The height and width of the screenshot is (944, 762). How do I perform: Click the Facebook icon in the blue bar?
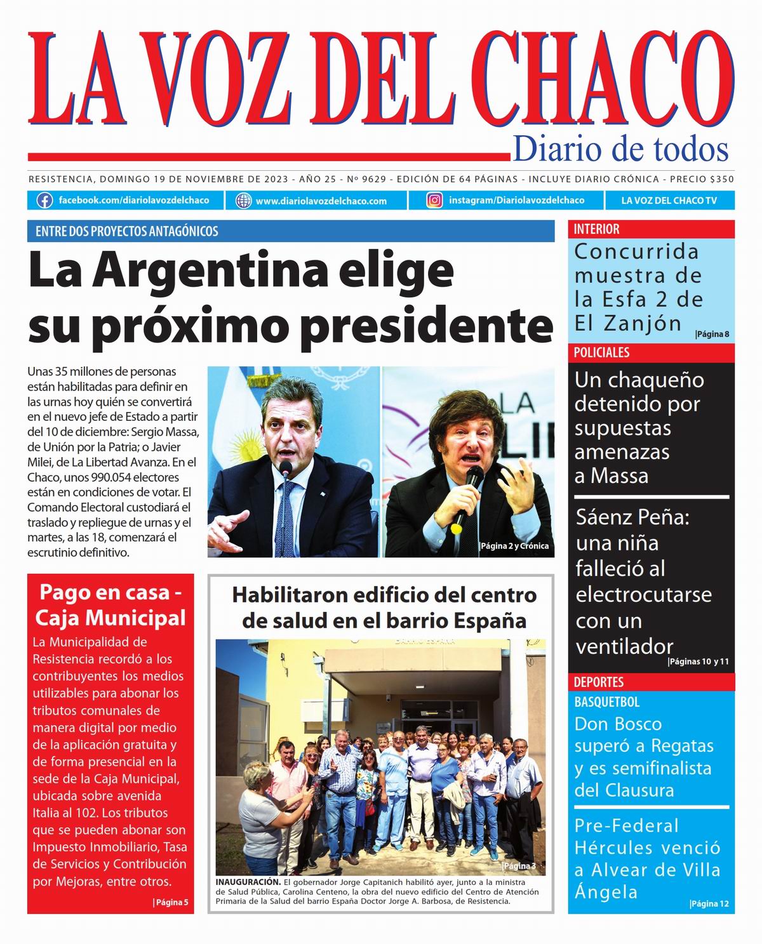pyautogui.click(x=44, y=201)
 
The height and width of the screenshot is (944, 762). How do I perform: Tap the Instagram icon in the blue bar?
pyautogui.click(x=434, y=201)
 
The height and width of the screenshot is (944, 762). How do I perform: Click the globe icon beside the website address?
pyautogui.click(x=243, y=201)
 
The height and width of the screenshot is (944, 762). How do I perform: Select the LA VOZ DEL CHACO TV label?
pyautogui.click(x=669, y=201)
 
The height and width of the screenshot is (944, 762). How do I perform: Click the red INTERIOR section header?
pyautogui.click(x=597, y=229)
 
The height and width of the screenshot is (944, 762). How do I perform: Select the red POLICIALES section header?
pyautogui.click(x=601, y=353)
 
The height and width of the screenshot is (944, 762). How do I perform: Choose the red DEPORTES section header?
pyautogui.click(x=599, y=682)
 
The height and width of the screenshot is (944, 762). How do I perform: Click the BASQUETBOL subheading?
pyautogui.click(x=607, y=702)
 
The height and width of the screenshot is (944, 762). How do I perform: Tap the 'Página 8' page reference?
pyautogui.click(x=712, y=334)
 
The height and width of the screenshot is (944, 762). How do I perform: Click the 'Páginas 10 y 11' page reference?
pyautogui.click(x=698, y=661)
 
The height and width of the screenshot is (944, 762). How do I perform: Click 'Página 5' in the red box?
pyautogui.click(x=171, y=902)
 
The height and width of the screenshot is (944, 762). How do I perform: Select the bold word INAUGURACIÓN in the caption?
pyautogui.click(x=248, y=882)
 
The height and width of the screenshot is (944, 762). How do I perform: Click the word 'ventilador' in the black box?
pyautogui.click(x=624, y=646)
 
